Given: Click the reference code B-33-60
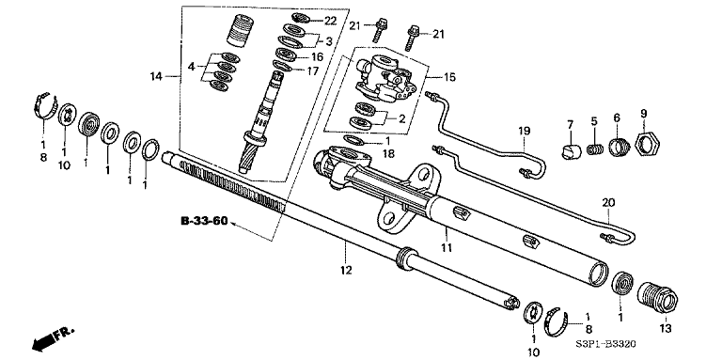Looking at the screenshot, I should click(204, 221).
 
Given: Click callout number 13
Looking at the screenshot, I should click(665, 328).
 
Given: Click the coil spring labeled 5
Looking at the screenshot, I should click(594, 149).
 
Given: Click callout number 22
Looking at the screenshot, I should click(330, 21).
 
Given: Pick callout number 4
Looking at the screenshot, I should click(191, 68).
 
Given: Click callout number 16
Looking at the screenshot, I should click(317, 56).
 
